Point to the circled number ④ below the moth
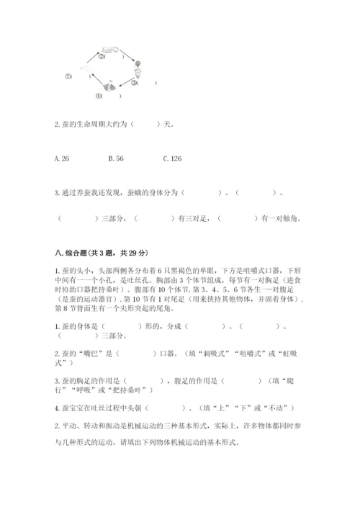[x=98, y=95]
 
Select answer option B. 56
[x=115, y=157]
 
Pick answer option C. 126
[x=172, y=157]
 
